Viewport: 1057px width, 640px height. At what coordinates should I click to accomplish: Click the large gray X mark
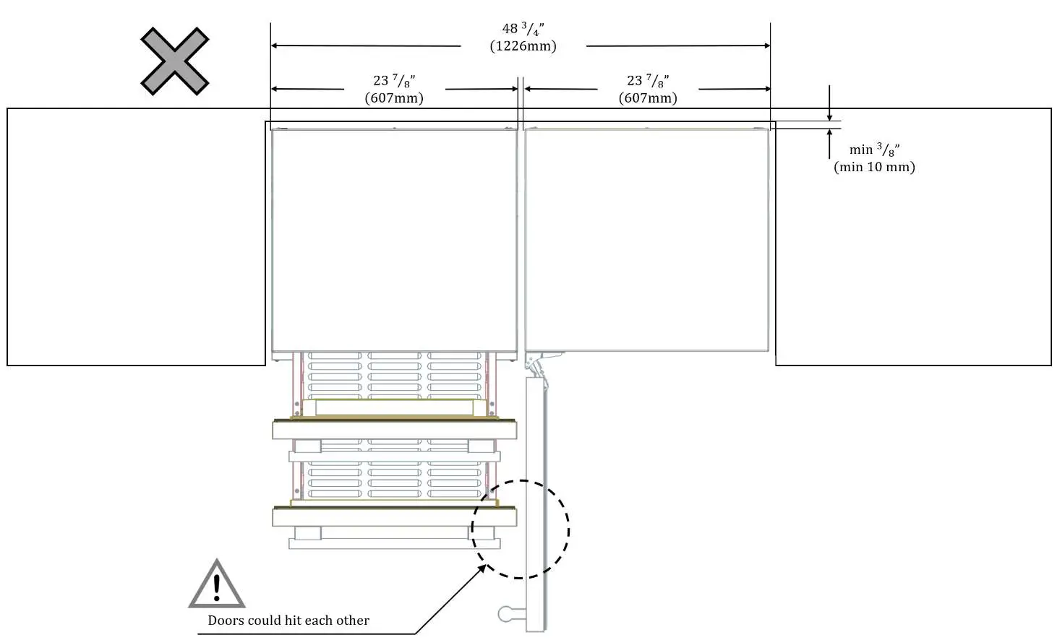coord(174,61)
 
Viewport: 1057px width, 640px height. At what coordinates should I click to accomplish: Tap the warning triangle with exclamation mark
coord(217,584)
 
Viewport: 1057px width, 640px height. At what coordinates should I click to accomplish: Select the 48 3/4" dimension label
coord(523,29)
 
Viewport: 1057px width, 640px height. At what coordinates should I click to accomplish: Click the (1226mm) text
coord(523,46)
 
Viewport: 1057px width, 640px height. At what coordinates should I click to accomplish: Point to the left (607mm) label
coord(394,98)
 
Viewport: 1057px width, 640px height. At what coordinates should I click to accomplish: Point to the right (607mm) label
coord(648,98)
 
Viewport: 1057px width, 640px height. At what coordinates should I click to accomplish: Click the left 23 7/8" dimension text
coord(394,81)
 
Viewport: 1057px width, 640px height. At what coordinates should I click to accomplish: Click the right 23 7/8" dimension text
coord(648,81)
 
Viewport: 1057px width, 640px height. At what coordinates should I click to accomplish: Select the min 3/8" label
coord(874,150)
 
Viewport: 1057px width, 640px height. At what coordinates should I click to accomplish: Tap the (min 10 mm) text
coord(874,167)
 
